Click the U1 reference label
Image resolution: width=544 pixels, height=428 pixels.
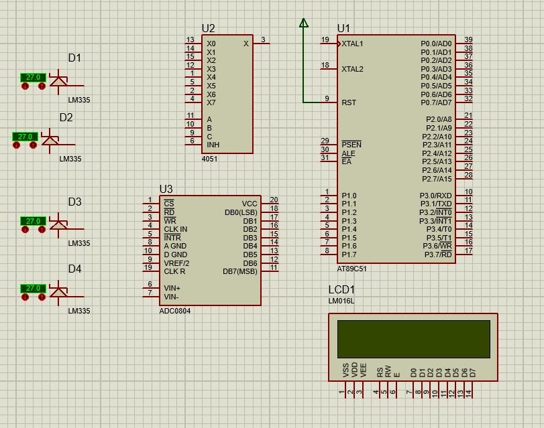coord(343,28)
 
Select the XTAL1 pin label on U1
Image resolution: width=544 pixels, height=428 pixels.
coord(352,44)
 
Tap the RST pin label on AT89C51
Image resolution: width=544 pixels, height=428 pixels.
coord(349,102)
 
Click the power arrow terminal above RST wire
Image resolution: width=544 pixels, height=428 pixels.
coord(303,23)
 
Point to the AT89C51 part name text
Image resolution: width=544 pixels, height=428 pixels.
coord(351,268)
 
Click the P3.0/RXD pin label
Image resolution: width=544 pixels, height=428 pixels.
coord(435,196)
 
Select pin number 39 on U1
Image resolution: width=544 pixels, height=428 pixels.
coord(468,40)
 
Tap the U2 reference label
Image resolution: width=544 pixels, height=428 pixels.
coord(208,28)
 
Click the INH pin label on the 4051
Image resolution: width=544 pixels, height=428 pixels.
coord(213,145)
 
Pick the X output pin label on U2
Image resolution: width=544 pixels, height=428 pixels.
coord(246,44)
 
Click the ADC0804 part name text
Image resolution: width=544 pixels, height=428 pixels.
coord(174,311)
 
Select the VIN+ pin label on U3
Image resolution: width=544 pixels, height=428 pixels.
coord(172,288)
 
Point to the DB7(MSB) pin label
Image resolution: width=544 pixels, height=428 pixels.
coord(239,271)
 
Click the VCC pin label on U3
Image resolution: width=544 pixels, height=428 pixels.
coord(250,204)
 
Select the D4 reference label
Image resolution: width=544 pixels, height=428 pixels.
coord(74,269)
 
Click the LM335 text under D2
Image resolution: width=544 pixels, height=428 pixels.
coord(70,159)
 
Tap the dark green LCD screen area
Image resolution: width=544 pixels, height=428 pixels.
coord(413,338)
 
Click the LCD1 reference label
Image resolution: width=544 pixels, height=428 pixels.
coord(341,290)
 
